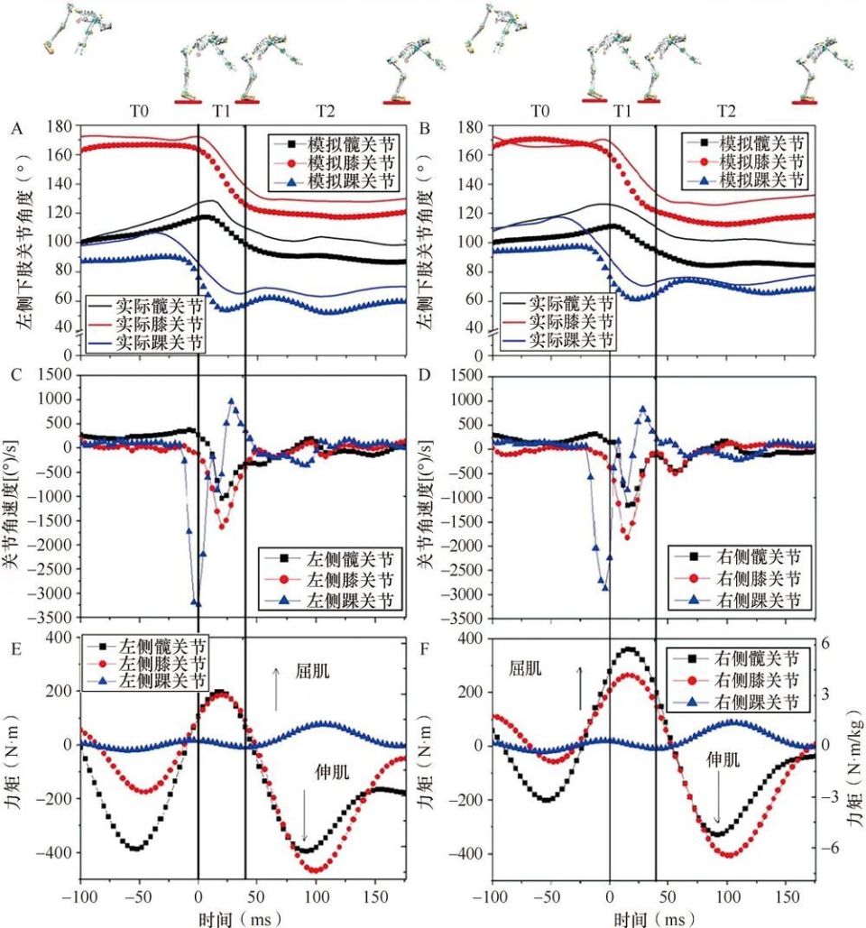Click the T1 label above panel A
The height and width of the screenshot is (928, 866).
(x=221, y=111)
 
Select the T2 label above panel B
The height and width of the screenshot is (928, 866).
(x=724, y=111)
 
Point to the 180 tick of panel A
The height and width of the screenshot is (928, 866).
(x=56, y=127)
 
